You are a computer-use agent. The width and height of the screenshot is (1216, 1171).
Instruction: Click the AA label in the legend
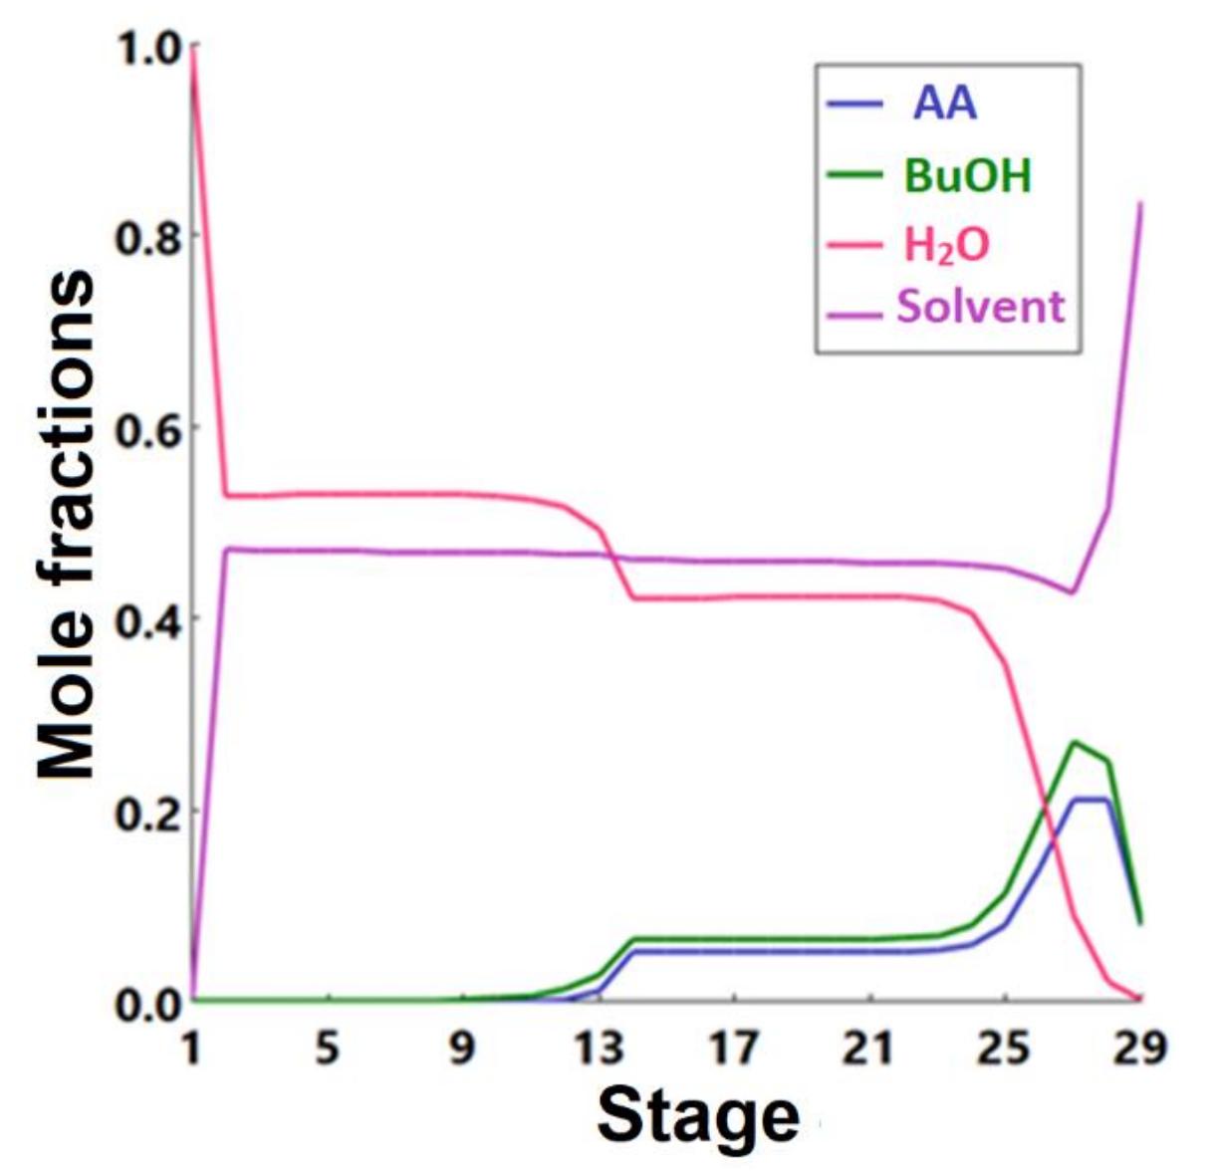pos(945,104)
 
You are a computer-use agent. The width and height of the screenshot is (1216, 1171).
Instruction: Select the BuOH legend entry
pos(967,175)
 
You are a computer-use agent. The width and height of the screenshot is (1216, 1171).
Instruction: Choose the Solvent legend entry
pos(980,307)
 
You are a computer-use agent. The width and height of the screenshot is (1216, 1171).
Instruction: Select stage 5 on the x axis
pos(327,1048)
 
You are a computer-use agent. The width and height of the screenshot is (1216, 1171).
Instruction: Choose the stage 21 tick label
pos(868,1048)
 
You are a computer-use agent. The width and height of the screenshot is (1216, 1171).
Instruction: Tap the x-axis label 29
pos(1139,1048)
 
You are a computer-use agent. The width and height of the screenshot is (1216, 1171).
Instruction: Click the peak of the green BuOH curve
pos(1074,742)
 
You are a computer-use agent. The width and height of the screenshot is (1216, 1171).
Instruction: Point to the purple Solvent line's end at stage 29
pos(1140,203)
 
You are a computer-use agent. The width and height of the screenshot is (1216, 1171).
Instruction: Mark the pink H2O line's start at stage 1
pos(191,50)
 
